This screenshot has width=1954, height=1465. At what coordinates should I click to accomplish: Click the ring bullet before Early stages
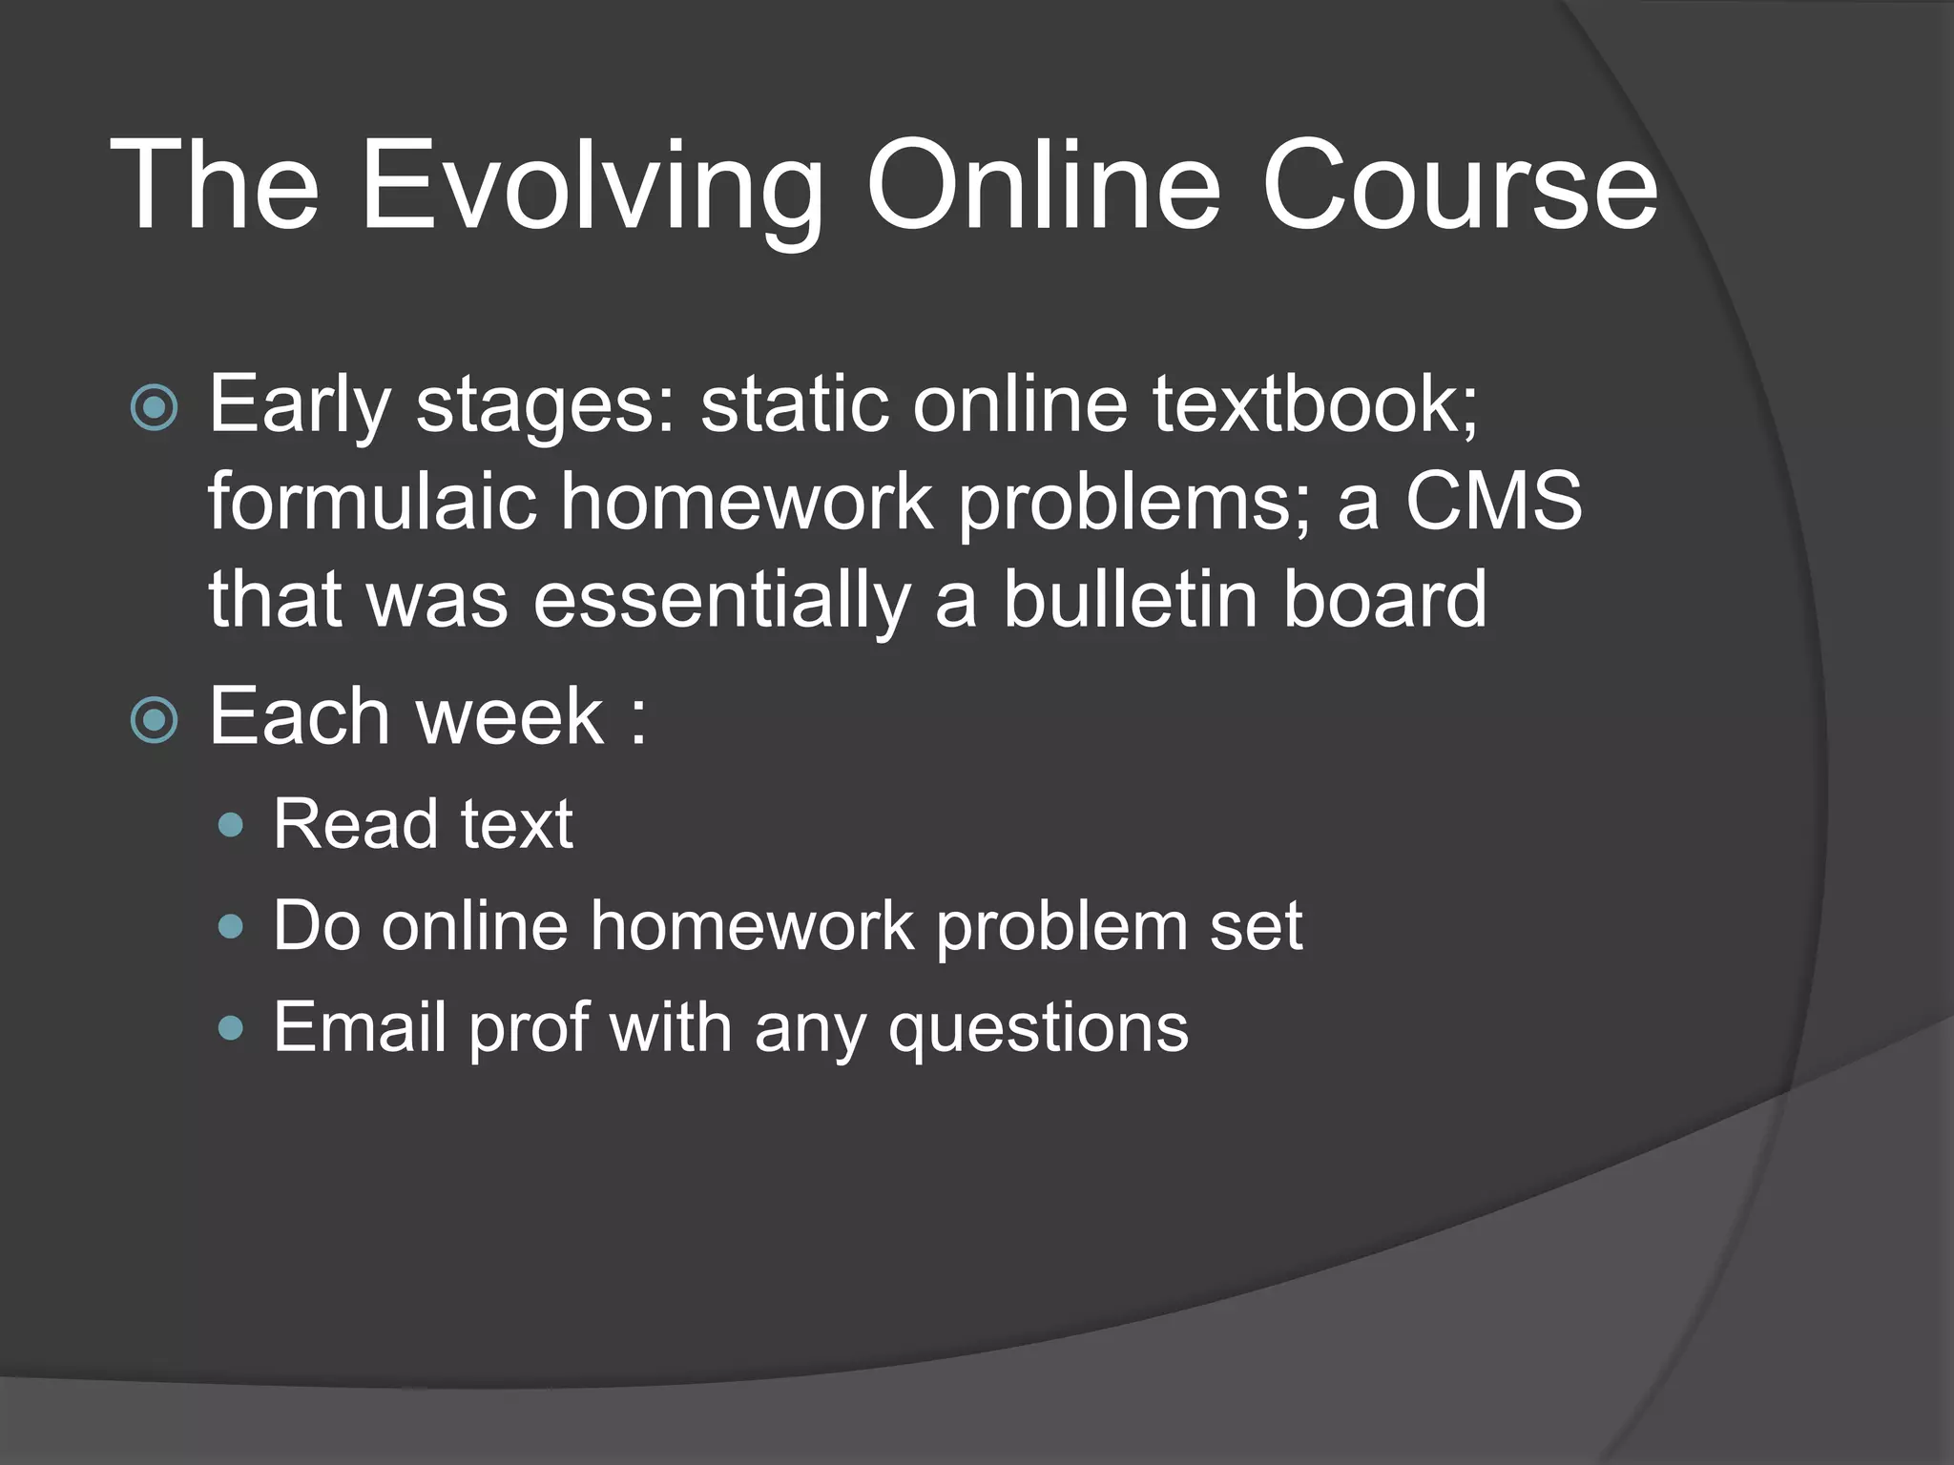pos(154,408)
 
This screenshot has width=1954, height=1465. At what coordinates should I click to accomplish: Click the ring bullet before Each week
pos(154,720)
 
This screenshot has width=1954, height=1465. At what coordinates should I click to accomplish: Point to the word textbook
pos(1315,404)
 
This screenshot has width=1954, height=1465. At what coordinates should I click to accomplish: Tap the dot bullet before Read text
pos(230,825)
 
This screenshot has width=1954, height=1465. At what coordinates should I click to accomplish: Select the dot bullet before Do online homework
pos(230,926)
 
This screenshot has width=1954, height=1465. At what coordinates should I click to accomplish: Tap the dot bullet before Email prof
pos(230,1028)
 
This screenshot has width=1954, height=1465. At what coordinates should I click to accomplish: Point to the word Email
pos(360,1027)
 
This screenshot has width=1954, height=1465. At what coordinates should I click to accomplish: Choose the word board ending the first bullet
pos(1384,600)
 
